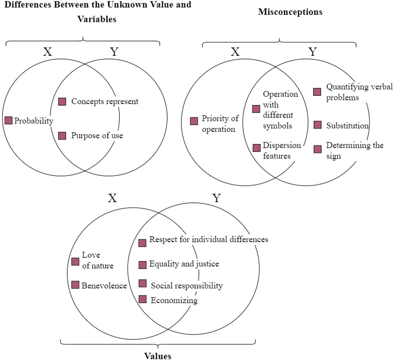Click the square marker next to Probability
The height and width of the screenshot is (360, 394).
point(9,121)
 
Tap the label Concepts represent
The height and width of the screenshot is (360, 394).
point(105,102)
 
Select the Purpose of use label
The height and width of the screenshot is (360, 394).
point(97,136)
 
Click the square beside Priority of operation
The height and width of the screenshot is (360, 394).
point(194,121)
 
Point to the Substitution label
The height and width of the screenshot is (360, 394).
point(347,126)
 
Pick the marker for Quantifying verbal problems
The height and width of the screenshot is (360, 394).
point(317,92)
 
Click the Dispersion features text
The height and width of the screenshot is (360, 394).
point(281,151)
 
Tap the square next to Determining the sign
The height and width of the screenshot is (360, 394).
point(317,149)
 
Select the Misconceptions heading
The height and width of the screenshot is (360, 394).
point(290,12)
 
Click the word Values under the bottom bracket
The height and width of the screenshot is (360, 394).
point(157,356)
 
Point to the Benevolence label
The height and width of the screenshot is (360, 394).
point(104,286)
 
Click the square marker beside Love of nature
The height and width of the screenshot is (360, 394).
point(75,261)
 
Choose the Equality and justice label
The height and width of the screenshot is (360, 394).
point(184,264)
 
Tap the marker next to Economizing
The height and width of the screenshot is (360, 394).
point(143,299)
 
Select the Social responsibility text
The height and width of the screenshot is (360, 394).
point(187,286)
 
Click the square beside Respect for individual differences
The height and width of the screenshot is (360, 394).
point(142,243)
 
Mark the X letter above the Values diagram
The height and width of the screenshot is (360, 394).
point(112,198)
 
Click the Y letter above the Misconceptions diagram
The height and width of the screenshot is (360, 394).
point(312,52)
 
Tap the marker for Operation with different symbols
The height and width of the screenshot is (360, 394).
point(256,109)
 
